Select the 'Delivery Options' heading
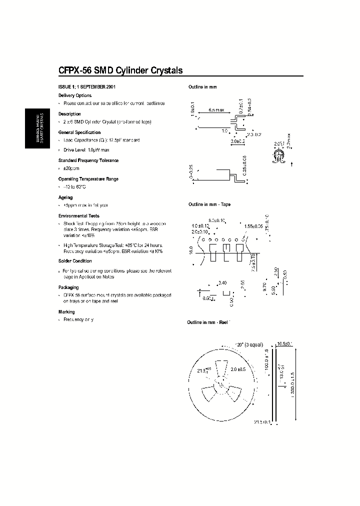75,95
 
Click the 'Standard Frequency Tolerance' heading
88,160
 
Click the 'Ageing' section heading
66,197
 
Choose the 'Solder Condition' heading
75,260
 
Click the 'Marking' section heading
66,311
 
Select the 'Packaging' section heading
68,287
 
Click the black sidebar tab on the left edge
37,128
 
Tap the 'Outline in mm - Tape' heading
209,204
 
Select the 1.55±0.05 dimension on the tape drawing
254,226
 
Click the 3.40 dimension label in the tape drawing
223,283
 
